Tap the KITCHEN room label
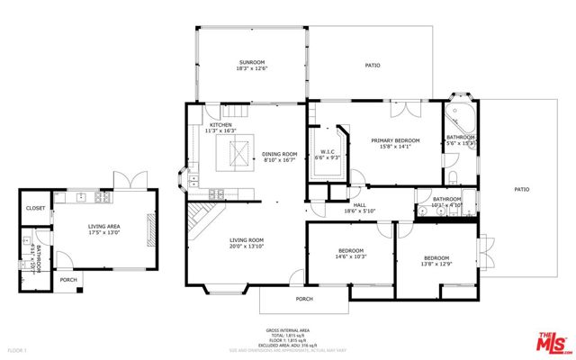pos(220,124)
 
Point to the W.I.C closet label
pos(328,151)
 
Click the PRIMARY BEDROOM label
pos(397,141)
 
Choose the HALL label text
pos(359,205)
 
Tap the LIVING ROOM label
pos(245,239)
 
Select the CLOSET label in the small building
pos(35,208)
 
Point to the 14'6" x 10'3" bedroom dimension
pos(351,256)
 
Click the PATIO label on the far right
pos(521,189)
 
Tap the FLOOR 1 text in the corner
pos(16,349)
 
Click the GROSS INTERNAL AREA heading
pos(287,330)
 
